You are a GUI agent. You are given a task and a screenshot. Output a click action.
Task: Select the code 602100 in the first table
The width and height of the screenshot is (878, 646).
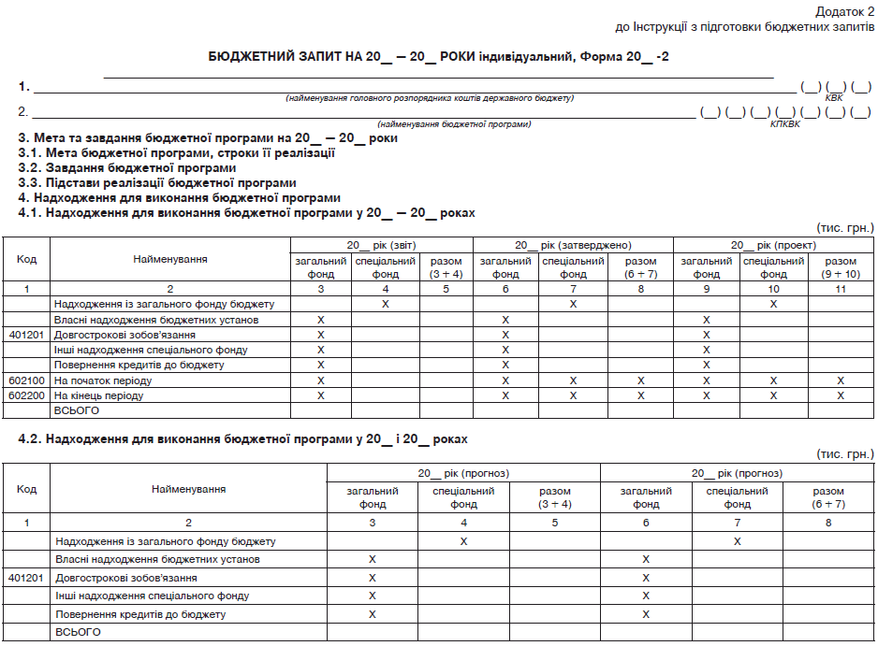tap(26, 380)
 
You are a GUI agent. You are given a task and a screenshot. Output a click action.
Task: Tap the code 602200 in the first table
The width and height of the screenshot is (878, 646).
tap(26, 395)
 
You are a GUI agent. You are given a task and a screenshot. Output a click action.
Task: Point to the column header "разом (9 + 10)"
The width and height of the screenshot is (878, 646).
tap(841, 267)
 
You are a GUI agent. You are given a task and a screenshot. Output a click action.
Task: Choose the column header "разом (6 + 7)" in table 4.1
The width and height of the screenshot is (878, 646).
tap(640, 267)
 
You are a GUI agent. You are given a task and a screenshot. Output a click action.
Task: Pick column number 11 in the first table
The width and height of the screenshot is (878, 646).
tap(841, 290)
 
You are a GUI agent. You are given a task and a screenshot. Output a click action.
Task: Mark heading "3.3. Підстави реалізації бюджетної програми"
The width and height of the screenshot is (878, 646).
tap(157, 183)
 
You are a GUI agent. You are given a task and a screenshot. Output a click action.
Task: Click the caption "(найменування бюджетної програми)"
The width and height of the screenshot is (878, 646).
tap(454, 124)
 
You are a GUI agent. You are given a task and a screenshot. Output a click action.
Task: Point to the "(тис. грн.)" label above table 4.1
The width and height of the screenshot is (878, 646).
tap(845, 227)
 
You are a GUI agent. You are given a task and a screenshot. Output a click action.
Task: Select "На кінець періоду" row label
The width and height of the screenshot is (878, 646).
tap(98, 395)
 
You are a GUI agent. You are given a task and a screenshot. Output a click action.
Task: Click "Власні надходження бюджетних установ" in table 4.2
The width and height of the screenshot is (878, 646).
tap(157, 559)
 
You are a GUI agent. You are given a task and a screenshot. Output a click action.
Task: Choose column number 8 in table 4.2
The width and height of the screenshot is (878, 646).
tap(828, 523)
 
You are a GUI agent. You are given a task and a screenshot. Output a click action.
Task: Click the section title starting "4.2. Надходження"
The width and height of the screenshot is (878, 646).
tap(242, 438)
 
